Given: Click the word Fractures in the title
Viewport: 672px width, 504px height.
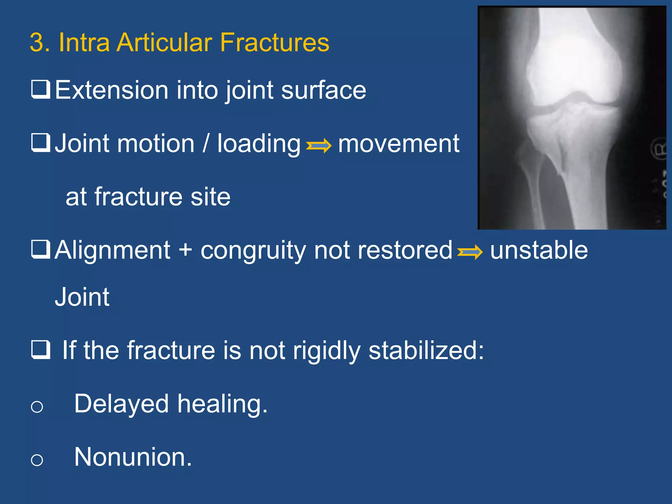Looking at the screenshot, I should tap(274, 43).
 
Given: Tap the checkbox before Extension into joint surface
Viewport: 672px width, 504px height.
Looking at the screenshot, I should tap(41, 89).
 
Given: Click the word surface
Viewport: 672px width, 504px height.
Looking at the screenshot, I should tap(324, 90).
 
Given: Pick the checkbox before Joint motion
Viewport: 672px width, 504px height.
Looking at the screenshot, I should tap(41, 143).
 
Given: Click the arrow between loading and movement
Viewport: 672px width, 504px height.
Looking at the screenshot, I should tap(318, 145).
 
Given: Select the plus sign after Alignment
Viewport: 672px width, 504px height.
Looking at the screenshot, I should tap(185, 250).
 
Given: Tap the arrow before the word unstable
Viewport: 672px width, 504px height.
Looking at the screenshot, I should tap(470, 252).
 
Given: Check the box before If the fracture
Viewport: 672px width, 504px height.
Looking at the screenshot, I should tap(41, 350).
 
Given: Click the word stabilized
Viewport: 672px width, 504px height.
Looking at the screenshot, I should tap(426, 350).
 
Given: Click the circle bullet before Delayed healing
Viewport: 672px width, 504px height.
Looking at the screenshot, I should tap(37, 407).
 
